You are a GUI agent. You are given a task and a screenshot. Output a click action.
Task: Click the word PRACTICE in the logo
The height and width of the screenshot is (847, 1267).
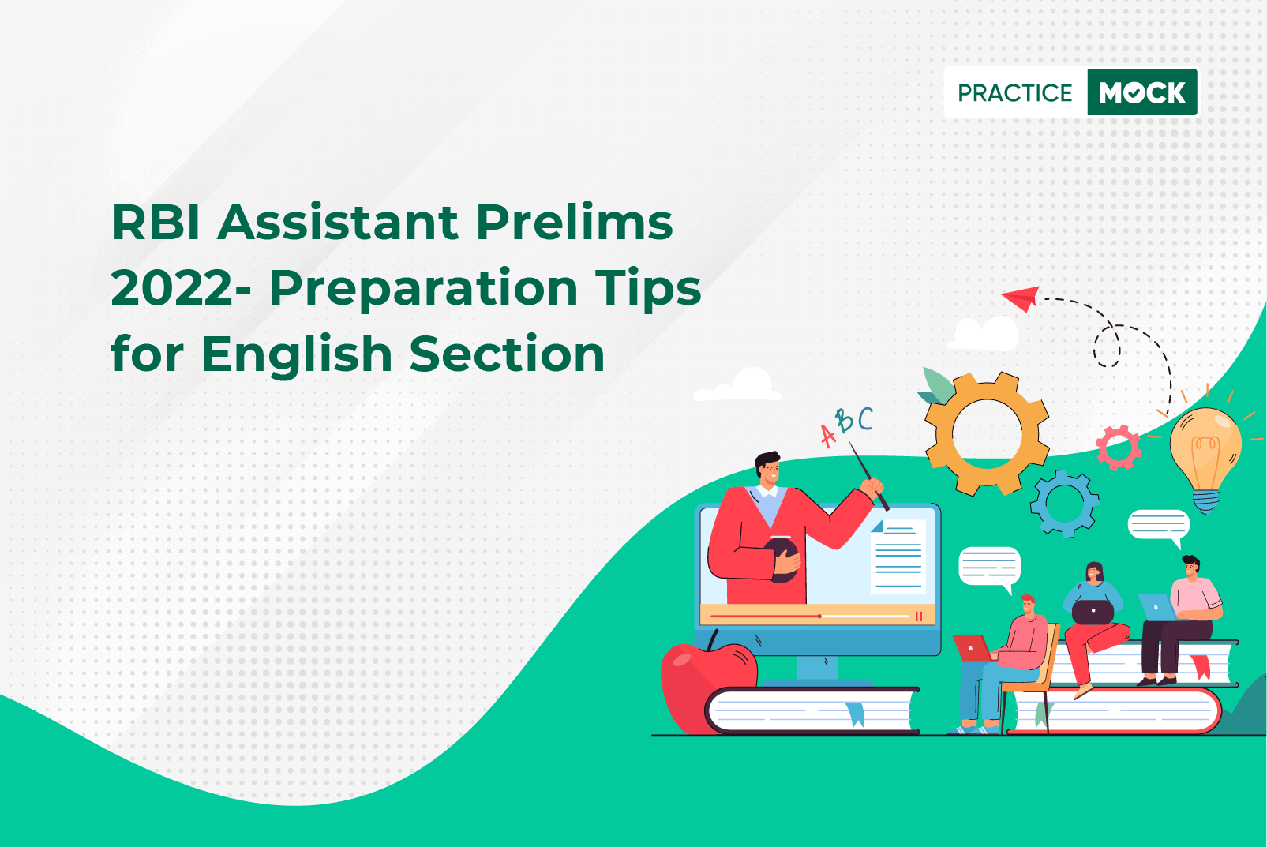[1014, 92]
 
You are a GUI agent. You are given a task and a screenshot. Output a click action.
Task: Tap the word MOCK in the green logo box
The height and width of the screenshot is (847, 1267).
[1142, 92]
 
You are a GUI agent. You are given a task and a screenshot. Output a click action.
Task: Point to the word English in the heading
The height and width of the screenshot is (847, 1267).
[297, 355]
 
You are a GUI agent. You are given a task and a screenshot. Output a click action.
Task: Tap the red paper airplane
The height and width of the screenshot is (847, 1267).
[1021, 298]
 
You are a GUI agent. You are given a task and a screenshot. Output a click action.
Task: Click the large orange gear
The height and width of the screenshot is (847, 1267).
[987, 434]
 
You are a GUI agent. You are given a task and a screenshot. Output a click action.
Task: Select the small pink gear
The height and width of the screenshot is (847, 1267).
[1119, 448]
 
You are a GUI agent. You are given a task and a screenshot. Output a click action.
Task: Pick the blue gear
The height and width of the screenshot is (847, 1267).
[1064, 503]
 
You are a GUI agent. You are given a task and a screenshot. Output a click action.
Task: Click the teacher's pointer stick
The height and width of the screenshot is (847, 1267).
[869, 475]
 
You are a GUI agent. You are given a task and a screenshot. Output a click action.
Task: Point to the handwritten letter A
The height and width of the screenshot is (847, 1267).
[828, 436]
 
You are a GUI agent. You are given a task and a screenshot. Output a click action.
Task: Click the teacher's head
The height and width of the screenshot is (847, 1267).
[768, 470]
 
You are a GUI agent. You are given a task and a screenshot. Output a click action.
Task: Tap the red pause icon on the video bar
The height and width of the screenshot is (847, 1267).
[919, 616]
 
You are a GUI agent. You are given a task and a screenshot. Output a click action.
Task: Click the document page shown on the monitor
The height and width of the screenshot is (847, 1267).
[898, 557]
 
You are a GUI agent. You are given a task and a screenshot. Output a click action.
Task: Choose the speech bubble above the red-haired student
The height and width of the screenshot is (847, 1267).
[989, 568]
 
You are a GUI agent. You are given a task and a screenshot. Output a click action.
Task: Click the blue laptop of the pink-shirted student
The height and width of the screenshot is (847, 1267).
[1157, 608]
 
